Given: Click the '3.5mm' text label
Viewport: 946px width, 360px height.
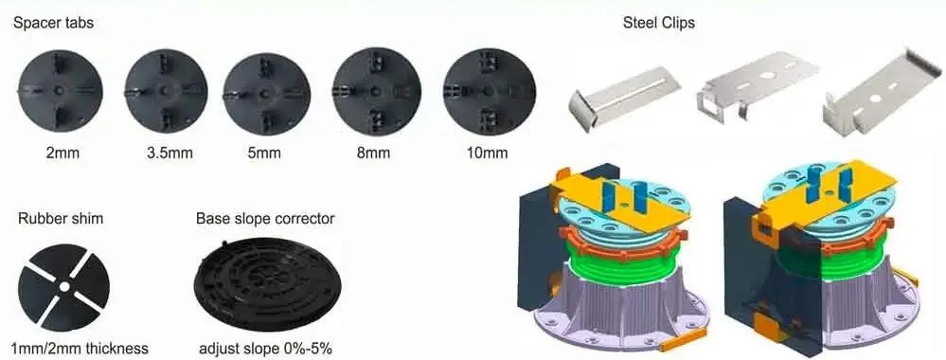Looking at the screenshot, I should (166, 152).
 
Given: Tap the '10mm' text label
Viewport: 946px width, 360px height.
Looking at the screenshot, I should (489, 152).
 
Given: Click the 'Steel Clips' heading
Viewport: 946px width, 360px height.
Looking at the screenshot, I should (658, 23).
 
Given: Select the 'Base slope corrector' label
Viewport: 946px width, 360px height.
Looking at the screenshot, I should (265, 219).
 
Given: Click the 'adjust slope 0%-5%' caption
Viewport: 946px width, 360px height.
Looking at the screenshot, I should (266, 348).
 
